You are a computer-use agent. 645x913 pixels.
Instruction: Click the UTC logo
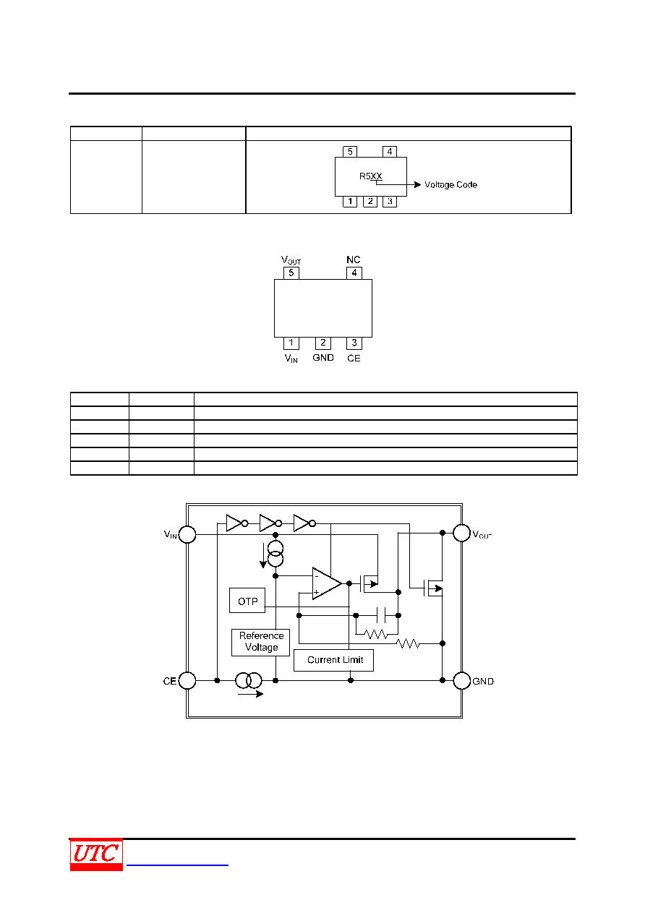[x=96, y=854]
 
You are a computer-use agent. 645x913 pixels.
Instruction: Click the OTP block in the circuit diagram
[x=247, y=601]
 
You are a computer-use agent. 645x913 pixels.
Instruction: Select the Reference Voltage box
[x=260, y=643]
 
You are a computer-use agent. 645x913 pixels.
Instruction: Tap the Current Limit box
[x=333, y=660]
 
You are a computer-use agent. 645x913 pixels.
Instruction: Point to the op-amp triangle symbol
[x=326, y=583]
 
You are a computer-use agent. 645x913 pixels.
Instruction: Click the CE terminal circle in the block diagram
[x=187, y=680]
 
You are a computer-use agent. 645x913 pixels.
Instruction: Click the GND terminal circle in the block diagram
[x=461, y=680]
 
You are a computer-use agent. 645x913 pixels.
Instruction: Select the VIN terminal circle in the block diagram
[x=187, y=534]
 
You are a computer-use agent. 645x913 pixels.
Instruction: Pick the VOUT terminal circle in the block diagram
[x=461, y=533]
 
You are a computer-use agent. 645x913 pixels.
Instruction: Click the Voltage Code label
[x=450, y=184]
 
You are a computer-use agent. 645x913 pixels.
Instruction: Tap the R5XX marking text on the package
[x=370, y=176]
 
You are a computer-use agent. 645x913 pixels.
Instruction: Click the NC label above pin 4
[x=353, y=260]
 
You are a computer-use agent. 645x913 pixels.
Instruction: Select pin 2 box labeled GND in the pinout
[x=323, y=343]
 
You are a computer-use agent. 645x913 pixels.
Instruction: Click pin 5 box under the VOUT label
[x=291, y=273]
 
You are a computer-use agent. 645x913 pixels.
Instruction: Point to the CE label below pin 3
[x=354, y=359]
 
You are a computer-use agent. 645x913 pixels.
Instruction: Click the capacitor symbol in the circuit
[x=381, y=615]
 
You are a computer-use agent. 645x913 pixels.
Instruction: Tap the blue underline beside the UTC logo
[x=177, y=865]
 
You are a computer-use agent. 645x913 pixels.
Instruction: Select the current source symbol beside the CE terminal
[x=248, y=680]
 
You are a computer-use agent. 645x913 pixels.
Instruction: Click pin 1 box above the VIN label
[x=291, y=343]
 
